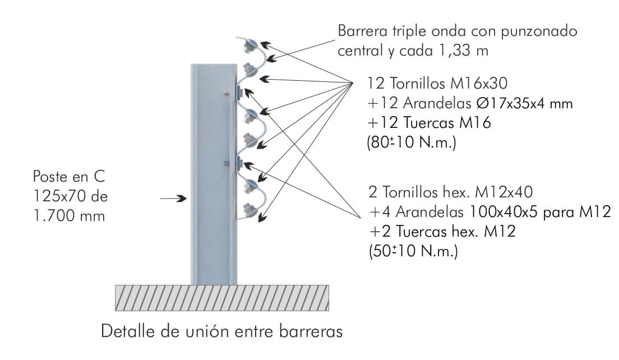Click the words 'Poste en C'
(x=69, y=178)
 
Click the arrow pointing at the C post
(x=173, y=198)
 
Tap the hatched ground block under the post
(x=222, y=298)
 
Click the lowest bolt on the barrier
(x=247, y=210)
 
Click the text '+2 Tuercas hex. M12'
(x=442, y=232)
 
